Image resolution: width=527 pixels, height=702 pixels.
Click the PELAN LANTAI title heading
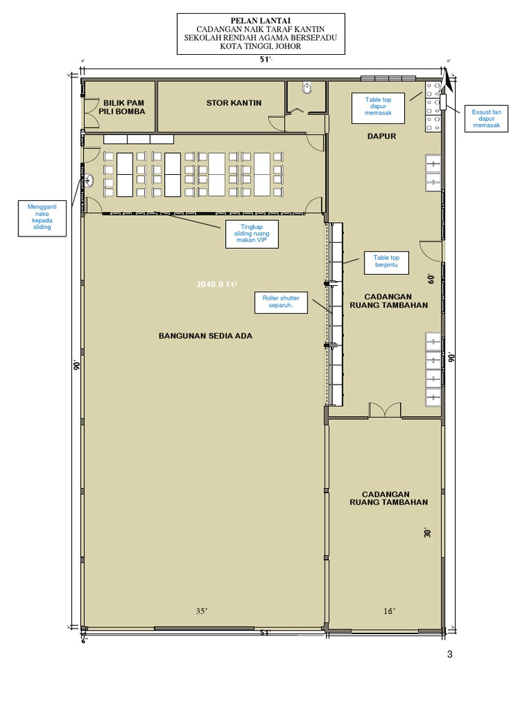(x=260, y=21)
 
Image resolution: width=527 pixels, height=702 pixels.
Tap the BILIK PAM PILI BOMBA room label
(x=122, y=107)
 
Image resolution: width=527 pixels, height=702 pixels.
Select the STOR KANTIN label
(x=234, y=103)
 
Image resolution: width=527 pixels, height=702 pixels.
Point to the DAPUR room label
(x=382, y=136)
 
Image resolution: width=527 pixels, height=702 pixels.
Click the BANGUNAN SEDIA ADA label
(x=205, y=336)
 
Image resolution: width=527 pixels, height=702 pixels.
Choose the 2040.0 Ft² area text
(x=217, y=285)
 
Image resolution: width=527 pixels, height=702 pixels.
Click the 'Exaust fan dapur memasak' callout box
(x=487, y=119)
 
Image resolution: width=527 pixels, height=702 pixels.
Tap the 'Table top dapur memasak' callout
(x=378, y=107)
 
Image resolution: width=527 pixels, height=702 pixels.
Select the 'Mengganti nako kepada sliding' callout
(x=42, y=217)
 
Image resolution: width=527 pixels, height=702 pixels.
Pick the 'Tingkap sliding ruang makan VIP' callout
(x=252, y=234)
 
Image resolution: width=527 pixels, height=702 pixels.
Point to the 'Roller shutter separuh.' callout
(x=281, y=302)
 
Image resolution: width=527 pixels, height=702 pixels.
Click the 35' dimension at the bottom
(x=202, y=611)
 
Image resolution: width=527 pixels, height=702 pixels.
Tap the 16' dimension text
(x=390, y=611)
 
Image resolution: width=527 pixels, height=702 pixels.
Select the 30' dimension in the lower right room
(x=427, y=532)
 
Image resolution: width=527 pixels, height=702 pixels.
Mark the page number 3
(x=450, y=654)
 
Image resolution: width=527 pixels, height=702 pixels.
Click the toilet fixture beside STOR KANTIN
(x=307, y=88)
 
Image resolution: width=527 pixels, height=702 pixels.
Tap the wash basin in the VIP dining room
(x=89, y=181)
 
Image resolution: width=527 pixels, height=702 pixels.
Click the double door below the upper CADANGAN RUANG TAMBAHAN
(x=385, y=410)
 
